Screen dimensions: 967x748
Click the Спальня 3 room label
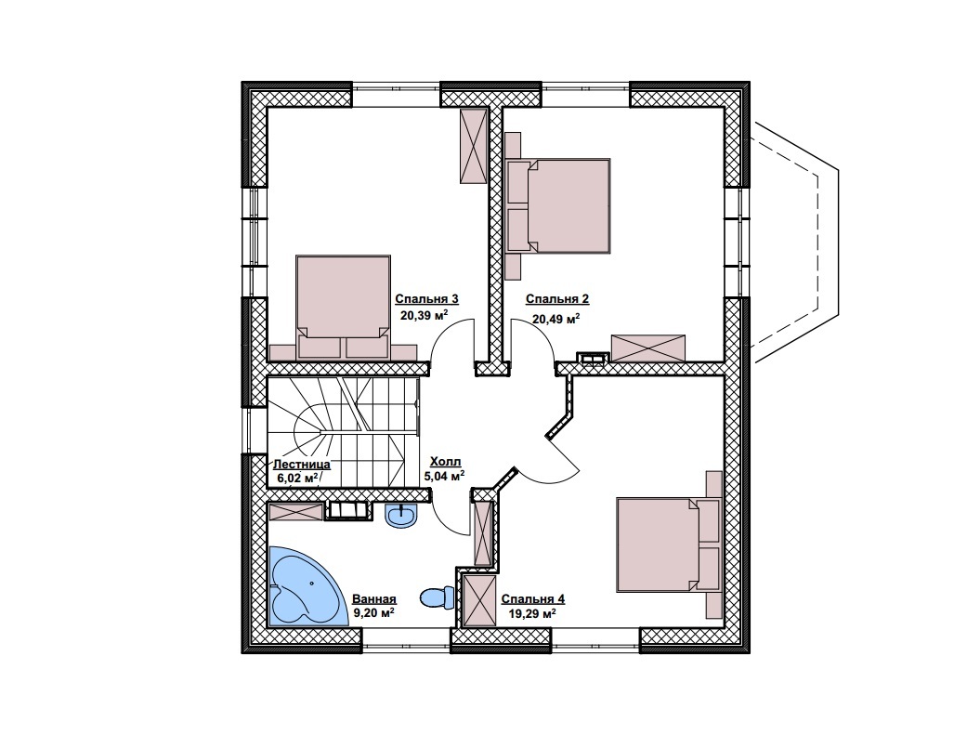click(x=426, y=299)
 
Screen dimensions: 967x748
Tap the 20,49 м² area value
click(x=555, y=319)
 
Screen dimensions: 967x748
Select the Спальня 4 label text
click(x=533, y=598)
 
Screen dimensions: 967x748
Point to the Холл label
click(x=445, y=461)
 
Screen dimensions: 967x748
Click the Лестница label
click(x=302, y=465)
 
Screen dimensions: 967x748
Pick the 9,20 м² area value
click(x=373, y=612)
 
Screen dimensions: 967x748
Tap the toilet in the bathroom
click(x=437, y=597)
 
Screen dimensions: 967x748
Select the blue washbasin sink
click(x=401, y=516)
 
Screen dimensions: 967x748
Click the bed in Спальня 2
click(x=558, y=206)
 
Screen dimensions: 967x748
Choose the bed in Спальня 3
click(x=343, y=307)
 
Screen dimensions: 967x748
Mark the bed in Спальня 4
click(x=669, y=545)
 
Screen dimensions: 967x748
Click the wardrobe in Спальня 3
click(x=474, y=146)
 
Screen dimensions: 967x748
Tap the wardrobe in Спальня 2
click(x=648, y=348)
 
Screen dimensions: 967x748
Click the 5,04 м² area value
click(x=444, y=476)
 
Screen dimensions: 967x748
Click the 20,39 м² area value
click(x=424, y=316)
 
